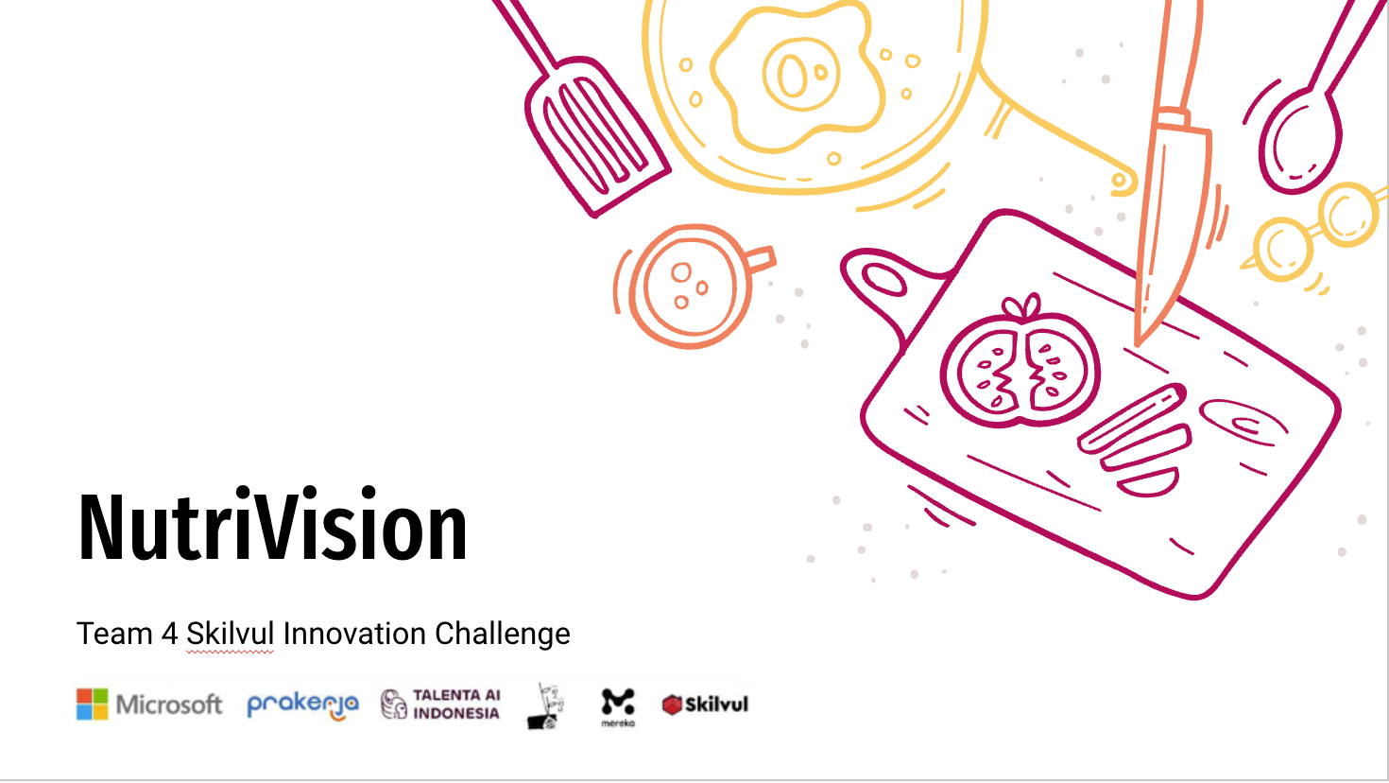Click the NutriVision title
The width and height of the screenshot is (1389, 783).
(272, 525)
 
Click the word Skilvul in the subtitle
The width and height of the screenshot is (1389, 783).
(230, 634)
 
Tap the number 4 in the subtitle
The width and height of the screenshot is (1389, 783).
(169, 635)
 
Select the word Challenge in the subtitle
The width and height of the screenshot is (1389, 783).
(503, 635)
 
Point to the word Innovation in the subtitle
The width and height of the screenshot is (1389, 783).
(354, 634)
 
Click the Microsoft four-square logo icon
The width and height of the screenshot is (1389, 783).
(93, 705)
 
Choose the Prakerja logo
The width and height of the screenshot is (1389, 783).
(302, 706)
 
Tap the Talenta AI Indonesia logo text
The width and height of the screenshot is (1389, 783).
(456, 705)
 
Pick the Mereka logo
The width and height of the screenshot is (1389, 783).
(618, 707)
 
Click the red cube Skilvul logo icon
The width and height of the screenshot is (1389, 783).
(672, 705)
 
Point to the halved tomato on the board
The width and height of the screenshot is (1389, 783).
(1020, 369)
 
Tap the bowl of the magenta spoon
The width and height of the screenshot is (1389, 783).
(1299, 142)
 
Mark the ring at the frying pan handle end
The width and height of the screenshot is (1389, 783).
(1120, 182)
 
